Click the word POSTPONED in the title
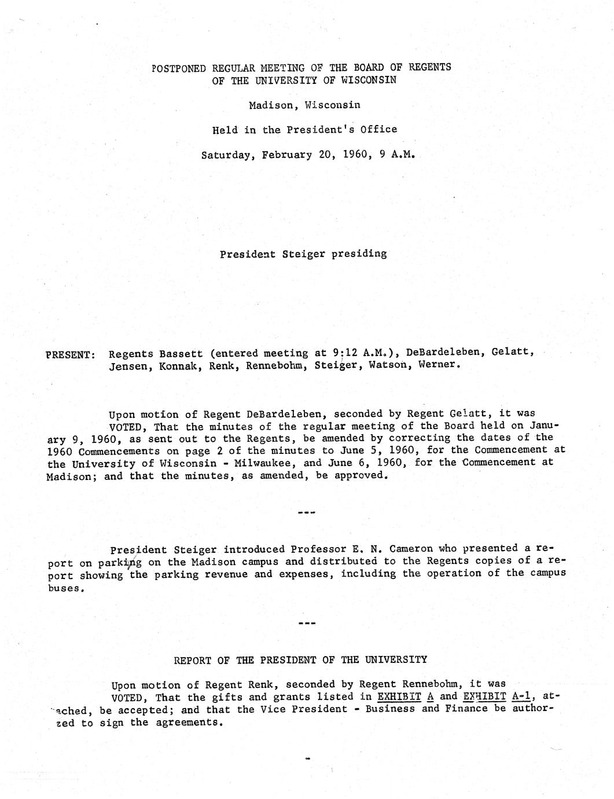178,68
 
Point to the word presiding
359,254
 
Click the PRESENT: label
70,354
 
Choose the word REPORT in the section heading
193,660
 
